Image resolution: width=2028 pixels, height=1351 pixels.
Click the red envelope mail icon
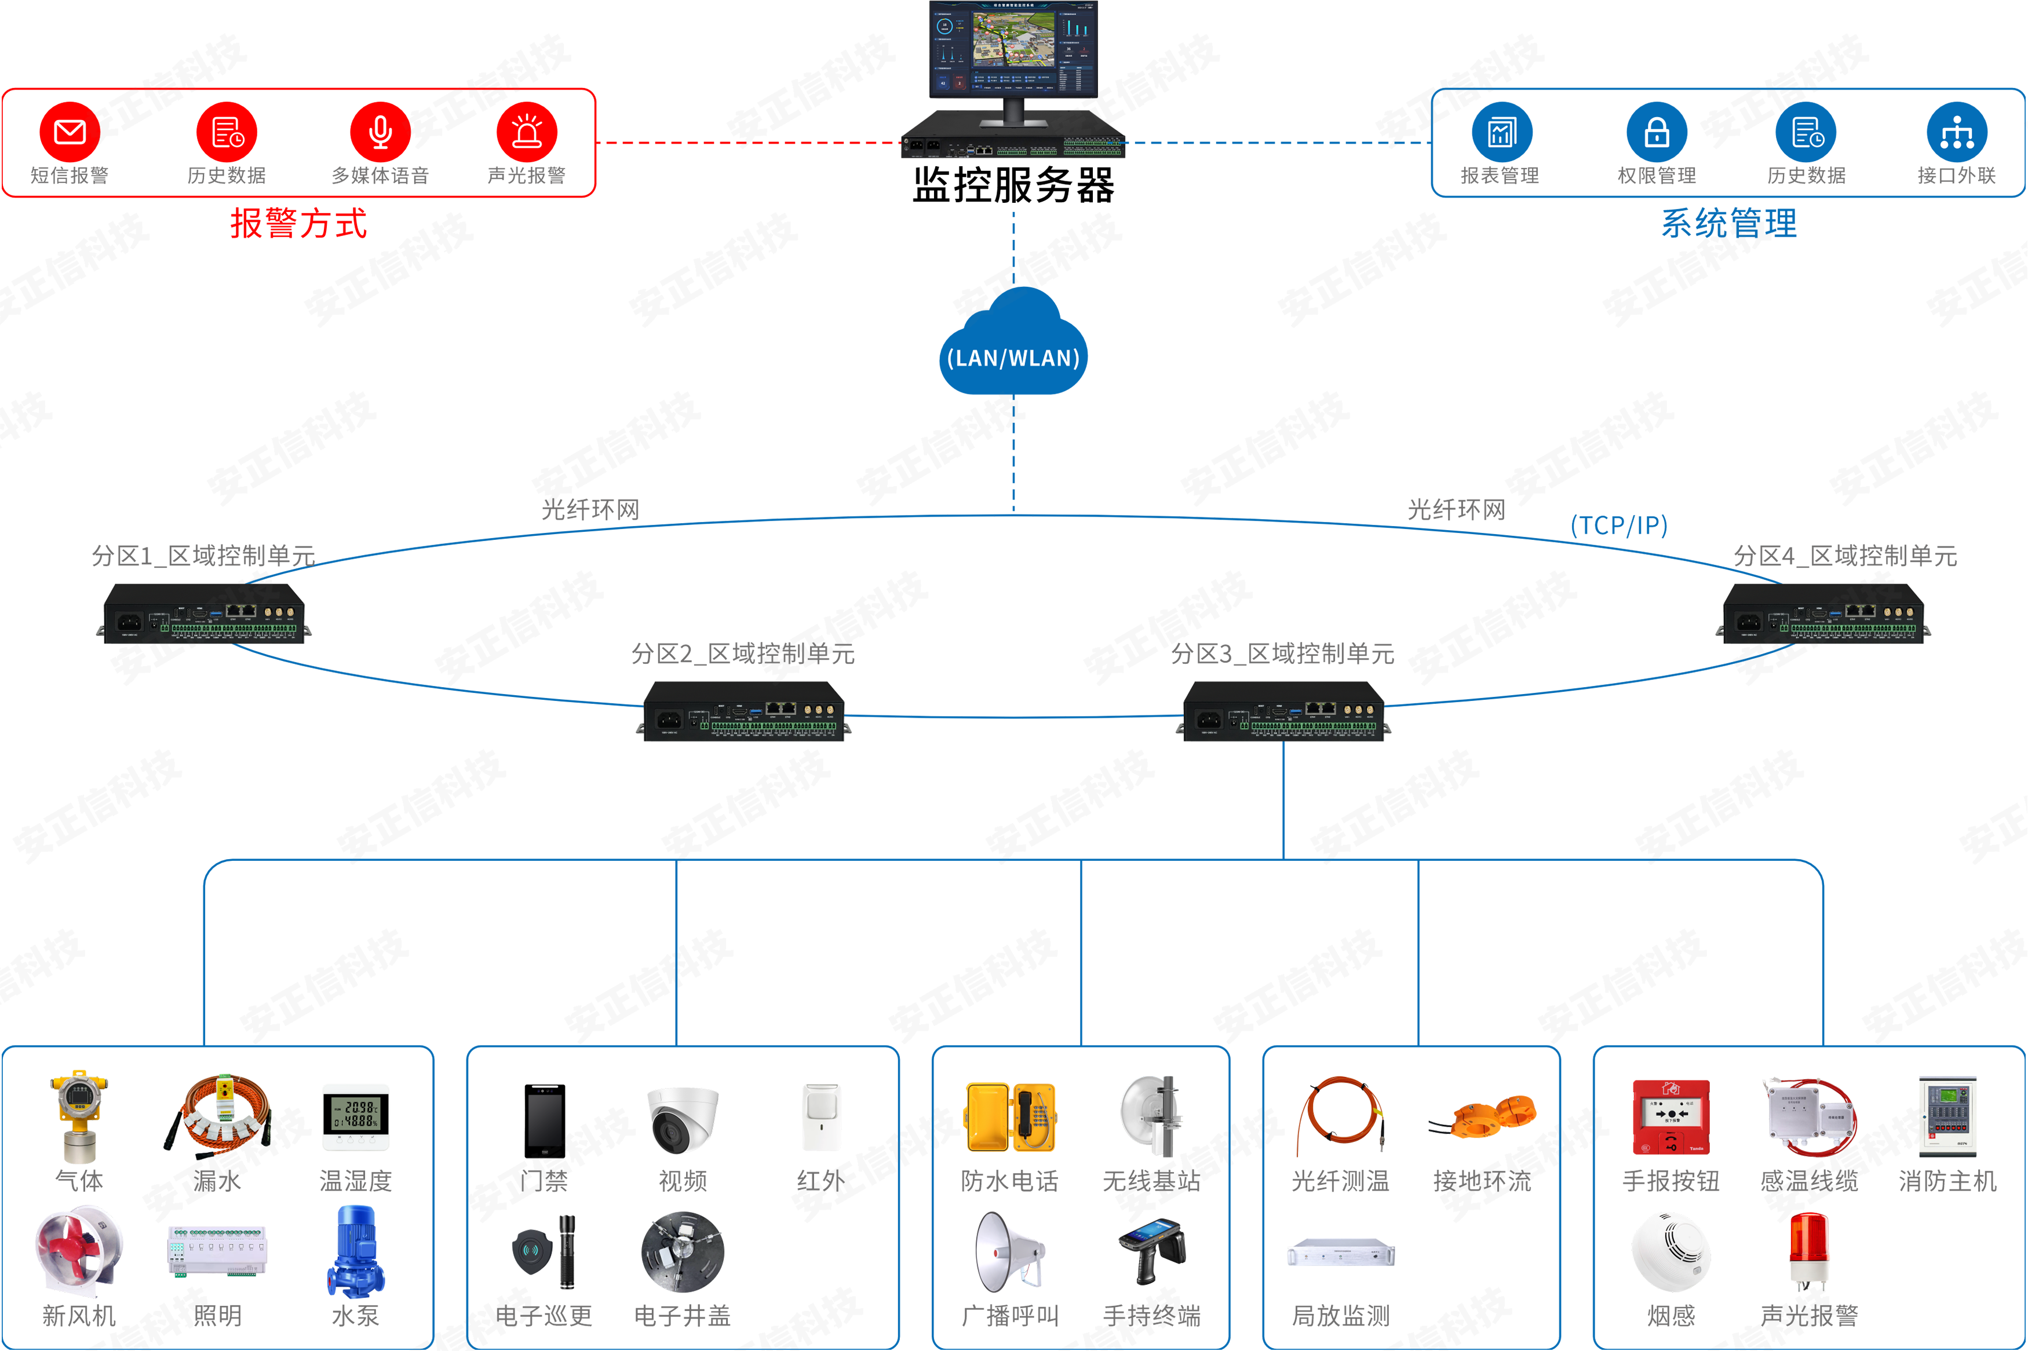70,132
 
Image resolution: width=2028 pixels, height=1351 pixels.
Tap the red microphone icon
380,132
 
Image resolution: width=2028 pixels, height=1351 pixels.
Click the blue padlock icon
1657,132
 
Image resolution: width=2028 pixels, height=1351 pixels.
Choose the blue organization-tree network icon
1957,133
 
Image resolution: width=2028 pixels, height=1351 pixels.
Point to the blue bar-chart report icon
1502,132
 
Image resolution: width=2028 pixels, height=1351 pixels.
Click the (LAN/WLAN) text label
1013,359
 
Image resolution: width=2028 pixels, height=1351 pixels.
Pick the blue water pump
354,1250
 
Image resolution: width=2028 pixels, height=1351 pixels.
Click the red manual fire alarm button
1670,1114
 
